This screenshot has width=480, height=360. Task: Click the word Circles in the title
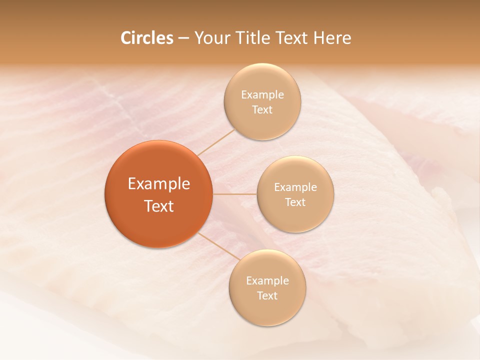(146, 38)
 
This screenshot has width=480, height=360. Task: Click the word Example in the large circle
(159, 184)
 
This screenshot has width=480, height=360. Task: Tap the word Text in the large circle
(159, 206)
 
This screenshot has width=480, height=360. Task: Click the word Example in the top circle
(262, 95)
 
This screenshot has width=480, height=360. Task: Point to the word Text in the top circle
(262, 110)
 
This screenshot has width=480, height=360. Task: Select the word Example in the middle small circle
(295, 187)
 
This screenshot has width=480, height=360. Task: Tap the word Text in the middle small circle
(295, 202)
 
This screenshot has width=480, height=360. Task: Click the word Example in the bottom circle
(267, 281)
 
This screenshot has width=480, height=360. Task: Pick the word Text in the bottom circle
(267, 296)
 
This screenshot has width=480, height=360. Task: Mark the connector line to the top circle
(216, 142)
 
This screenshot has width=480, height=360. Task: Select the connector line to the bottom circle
(219, 246)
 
